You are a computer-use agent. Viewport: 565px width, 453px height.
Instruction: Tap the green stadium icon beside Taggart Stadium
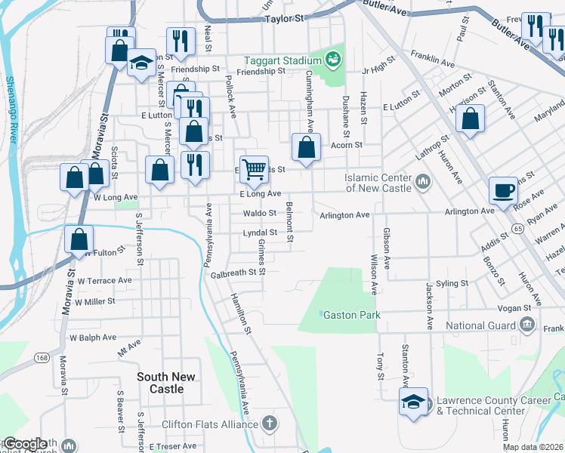[x=333, y=58]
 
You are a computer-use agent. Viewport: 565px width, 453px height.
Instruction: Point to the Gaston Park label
[x=350, y=314]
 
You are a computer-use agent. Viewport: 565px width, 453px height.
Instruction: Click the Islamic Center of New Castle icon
[x=422, y=182]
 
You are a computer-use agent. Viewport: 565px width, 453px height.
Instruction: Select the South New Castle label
[x=165, y=383]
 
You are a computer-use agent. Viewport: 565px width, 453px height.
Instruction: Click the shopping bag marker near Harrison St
[x=470, y=119]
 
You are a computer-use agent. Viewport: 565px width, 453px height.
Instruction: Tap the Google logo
[x=25, y=444]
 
